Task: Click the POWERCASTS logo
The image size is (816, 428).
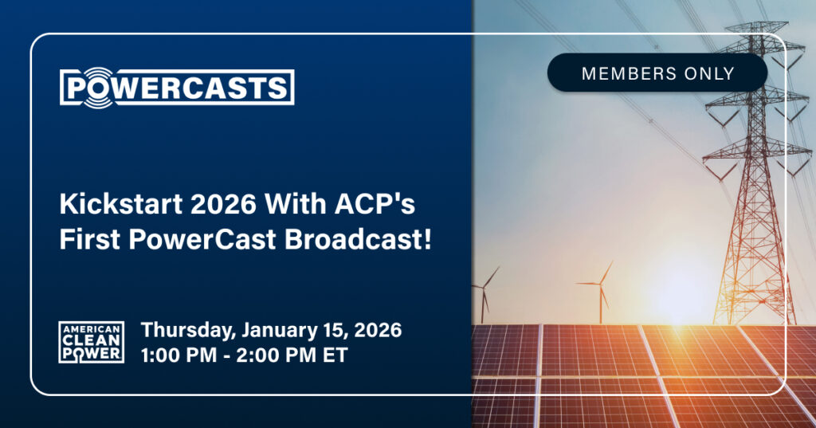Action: pos(177,88)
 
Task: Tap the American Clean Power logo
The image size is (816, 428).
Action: pos(91,342)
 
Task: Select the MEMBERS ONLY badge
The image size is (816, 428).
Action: pos(657,73)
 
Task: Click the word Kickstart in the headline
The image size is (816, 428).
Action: pos(121,203)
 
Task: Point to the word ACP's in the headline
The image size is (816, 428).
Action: pos(375,203)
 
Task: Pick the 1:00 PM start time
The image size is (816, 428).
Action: pos(178,355)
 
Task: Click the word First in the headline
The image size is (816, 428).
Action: pos(89,240)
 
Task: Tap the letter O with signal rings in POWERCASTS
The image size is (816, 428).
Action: pos(98,88)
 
